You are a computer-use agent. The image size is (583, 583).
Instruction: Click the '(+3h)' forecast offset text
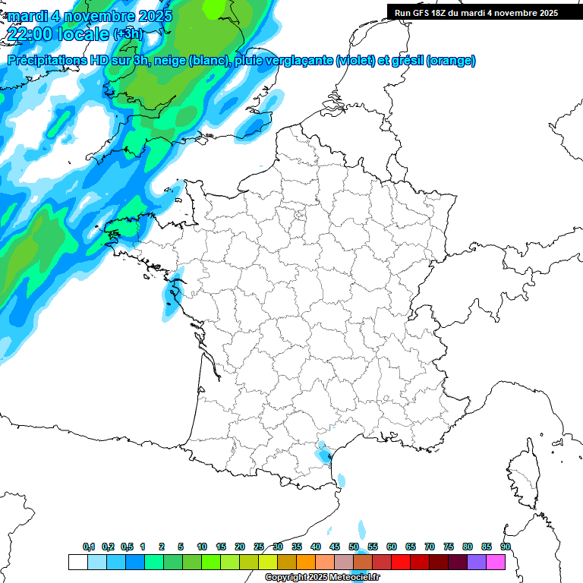(127, 33)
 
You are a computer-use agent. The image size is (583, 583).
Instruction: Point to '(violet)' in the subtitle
(355, 61)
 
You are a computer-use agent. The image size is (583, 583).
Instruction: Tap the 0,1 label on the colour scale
(89, 547)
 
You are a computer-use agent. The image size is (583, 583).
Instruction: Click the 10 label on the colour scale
(202, 547)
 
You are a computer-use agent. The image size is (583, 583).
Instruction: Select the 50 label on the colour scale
(354, 547)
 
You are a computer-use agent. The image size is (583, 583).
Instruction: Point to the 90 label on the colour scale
(505, 547)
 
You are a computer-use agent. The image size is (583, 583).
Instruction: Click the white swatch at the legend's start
(77, 562)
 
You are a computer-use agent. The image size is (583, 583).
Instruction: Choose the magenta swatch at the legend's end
(496, 562)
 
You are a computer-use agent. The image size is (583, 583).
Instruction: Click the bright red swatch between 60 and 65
(401, 562)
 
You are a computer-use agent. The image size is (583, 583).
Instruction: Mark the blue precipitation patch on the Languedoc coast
(325, 455)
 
